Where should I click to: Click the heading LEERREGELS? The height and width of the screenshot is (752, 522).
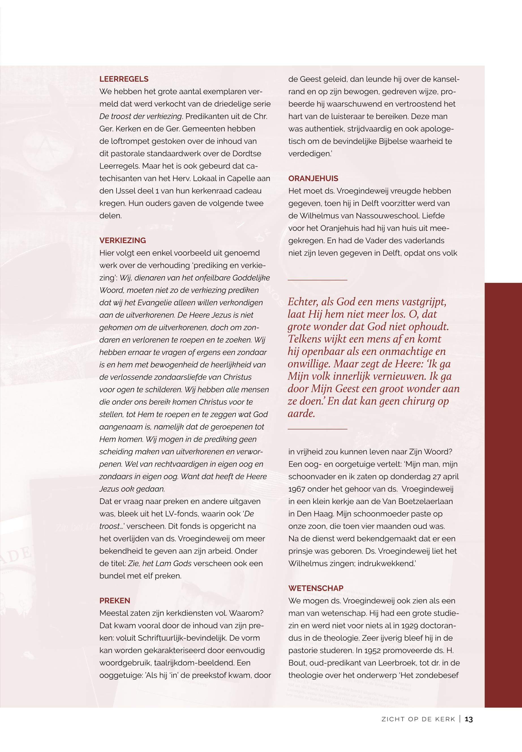[x=124, y=79]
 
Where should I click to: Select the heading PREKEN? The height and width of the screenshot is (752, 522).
[x=115, y=601]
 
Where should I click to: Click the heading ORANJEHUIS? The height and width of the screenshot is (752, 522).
[x=313, y=178]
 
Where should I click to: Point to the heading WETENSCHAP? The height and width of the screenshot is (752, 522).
[x=316, y=588]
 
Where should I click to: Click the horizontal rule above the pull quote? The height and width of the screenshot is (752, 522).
[x=317, y=280]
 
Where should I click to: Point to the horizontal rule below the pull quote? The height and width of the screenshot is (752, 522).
[x=317, y=429]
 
